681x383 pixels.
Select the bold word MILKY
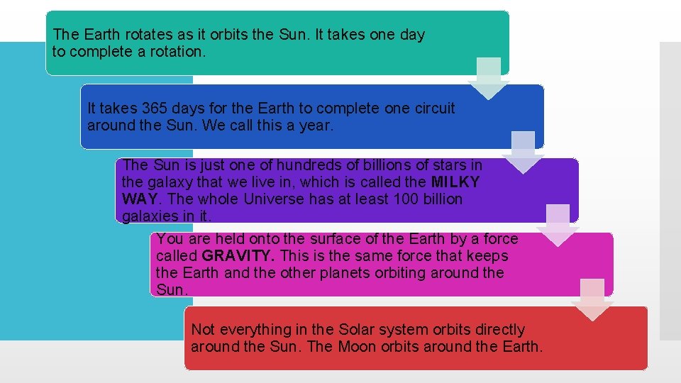click(x=455, y=182)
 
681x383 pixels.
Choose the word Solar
click(x=343, y=330)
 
